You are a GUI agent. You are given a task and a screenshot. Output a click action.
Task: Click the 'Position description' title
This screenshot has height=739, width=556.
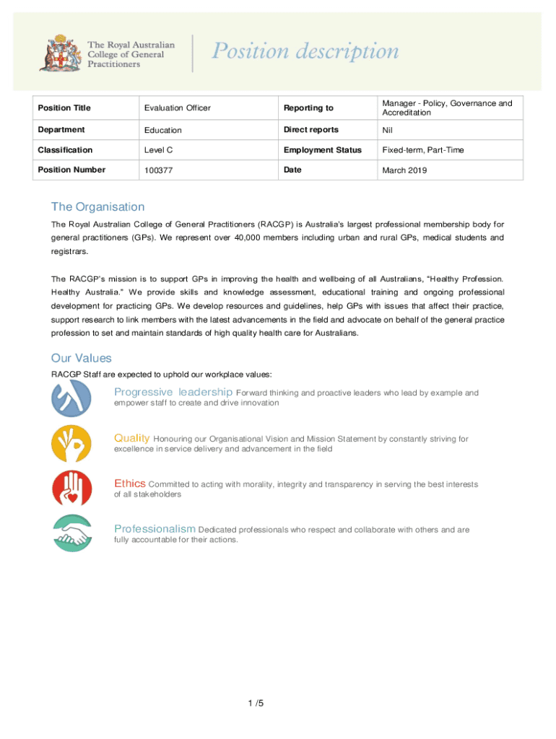(x=304, y=52)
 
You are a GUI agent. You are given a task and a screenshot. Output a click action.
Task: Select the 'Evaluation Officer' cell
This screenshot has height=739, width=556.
(x=177, y=108)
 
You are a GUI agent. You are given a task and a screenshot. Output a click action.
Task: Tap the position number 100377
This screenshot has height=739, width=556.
(x=158, y=170)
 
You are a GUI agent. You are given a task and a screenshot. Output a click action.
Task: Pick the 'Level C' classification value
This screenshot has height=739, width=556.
(x=159, y=150)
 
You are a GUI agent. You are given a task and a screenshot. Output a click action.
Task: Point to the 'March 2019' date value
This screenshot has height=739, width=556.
(x=404, y=170)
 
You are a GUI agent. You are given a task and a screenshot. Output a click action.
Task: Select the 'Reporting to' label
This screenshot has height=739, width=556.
(x=308, y=108)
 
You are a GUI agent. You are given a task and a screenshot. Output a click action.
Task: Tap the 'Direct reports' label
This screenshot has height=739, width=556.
(x=310, y=130)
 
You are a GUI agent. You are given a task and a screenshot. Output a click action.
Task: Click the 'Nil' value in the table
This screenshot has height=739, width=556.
(x=388, y=131)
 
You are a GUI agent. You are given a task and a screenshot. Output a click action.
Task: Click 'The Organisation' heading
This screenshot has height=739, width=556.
(x=97, y=207)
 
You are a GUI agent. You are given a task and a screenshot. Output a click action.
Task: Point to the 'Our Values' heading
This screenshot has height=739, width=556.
(x=81, y=359)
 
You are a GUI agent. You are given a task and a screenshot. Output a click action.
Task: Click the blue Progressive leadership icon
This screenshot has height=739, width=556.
(x=71, y=398)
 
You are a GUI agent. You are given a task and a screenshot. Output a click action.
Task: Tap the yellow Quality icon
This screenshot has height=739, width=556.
(x=71, y=443)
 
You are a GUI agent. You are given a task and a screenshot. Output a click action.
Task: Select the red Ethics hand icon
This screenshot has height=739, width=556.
(x=71, y=488)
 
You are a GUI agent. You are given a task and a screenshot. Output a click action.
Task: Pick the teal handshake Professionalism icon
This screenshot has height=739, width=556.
(x=71, y=533)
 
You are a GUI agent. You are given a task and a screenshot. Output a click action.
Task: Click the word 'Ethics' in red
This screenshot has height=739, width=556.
(x=130, y=484)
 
